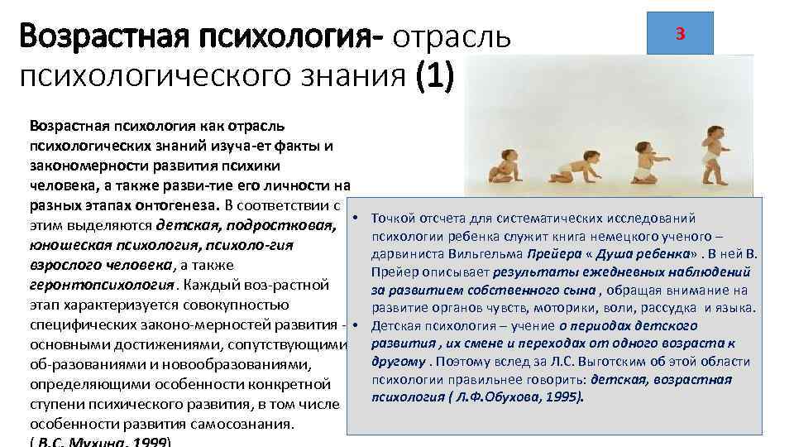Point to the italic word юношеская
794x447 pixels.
[x=71, y=245]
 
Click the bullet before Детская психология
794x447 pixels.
[x=353, y=324]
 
